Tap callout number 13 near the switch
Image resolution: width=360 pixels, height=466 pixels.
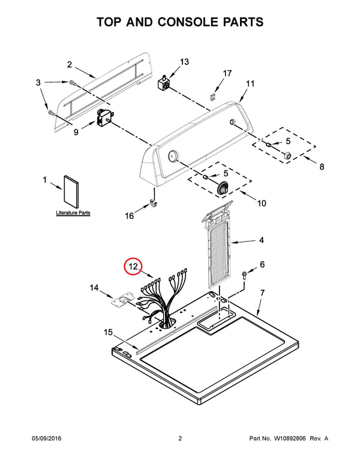(184, 62)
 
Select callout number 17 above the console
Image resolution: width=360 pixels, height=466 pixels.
(227, 73)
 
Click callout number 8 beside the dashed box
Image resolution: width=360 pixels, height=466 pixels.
(322, 166)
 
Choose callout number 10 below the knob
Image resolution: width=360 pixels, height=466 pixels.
(262, 204)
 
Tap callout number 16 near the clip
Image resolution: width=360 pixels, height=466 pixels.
(130, 216)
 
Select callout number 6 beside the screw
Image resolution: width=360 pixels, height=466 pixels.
(262, 265)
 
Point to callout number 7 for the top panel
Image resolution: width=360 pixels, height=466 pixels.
(262, 293)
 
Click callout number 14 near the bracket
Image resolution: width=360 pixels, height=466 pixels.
(94, 289)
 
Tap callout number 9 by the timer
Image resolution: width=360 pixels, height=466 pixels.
(76, 133)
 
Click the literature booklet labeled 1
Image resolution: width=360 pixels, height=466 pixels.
(71, 190)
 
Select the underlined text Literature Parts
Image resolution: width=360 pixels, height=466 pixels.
(73, 213)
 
